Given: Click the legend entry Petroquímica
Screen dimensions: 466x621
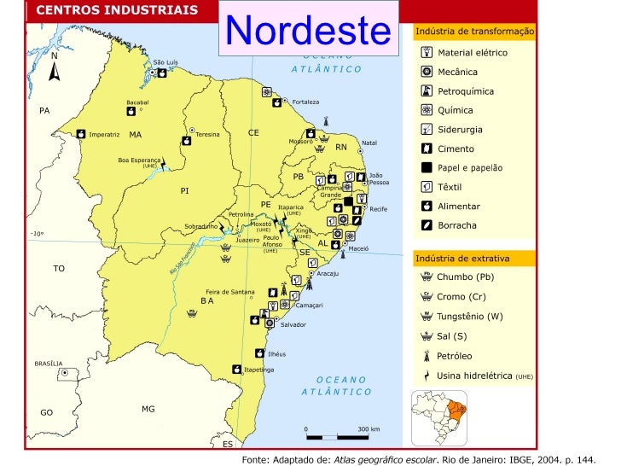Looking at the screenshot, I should click(x=465, y=91).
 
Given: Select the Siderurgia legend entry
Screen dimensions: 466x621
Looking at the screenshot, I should click(x=460, y=130).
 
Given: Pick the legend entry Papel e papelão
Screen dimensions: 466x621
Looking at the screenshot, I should click(x=469, y=168).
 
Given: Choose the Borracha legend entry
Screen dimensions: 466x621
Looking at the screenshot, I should click(x=456, y=225).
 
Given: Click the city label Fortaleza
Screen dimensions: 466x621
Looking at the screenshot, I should click(x=305, y=102).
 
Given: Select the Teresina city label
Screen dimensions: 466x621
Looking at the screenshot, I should click(x=207, y=134).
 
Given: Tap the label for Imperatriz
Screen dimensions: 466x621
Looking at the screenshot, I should click(x=104, y=134).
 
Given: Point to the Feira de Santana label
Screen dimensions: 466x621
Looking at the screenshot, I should click(x=230, y=292).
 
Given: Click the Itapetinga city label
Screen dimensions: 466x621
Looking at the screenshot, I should click(x=259, y=370).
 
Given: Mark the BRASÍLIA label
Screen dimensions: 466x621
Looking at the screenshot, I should click(x=49, y=364).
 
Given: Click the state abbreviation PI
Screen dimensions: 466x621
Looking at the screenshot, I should click(x=184, y=190).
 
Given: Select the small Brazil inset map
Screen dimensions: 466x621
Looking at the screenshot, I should click(x=440, y=416).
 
